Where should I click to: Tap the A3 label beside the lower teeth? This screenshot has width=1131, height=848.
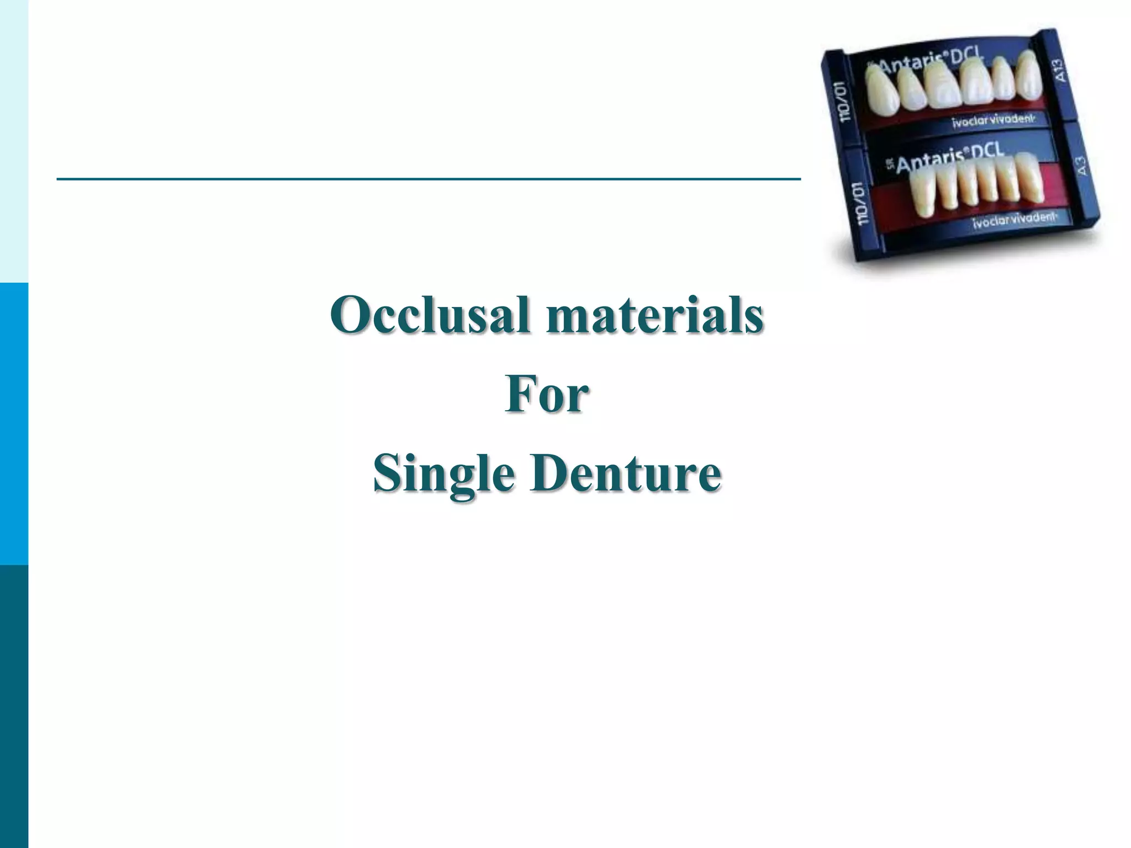pos(1081,166)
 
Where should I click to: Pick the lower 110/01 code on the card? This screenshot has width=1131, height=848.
pos(862,204)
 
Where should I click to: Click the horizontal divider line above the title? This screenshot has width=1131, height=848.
pos(429,179)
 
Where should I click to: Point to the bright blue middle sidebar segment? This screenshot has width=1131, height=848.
pos(14,423)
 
